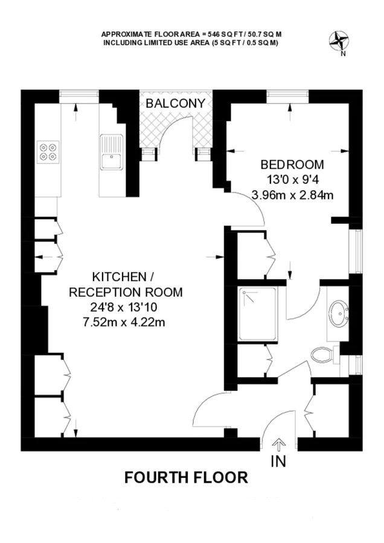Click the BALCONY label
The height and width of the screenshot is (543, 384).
[175, 103]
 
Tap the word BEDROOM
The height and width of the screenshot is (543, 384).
[292, 165]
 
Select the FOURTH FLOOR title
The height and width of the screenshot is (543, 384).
[186, 478]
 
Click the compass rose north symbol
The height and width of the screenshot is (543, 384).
[339, 41]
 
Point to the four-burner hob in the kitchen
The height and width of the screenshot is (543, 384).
[48, 152]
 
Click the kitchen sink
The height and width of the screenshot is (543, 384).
[112, 152]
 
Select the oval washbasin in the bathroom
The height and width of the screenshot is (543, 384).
[339, 313]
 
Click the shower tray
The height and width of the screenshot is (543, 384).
[257, 314]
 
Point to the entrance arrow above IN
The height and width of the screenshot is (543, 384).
[278, 444]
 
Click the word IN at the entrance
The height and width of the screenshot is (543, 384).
[278, 462]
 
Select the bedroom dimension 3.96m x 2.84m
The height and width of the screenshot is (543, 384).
[292, 195]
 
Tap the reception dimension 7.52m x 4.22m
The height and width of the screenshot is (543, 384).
[124, 322]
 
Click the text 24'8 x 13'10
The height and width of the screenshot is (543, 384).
[124, 307]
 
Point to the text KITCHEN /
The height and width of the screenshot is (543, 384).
[123, 277]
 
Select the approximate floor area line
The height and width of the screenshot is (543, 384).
[191, 34]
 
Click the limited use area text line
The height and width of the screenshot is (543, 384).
[191, 43]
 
